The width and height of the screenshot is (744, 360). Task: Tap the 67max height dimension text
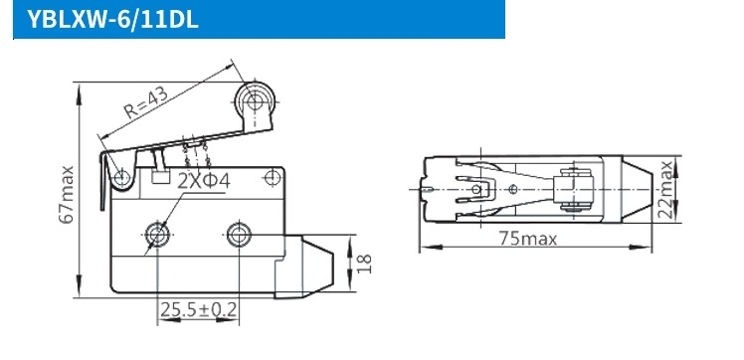[x=67, y=189]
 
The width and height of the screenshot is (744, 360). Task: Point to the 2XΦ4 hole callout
[x=204, y=182]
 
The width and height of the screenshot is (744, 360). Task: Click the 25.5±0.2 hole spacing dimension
[x=199, y=310]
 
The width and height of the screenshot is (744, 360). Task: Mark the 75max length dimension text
[x=528, y=239]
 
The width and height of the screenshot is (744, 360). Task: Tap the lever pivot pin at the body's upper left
[x=122, y=179]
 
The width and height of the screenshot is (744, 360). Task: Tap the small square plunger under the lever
[x=159, y=178]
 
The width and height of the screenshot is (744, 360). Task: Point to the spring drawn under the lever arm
[x=195, y=156]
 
